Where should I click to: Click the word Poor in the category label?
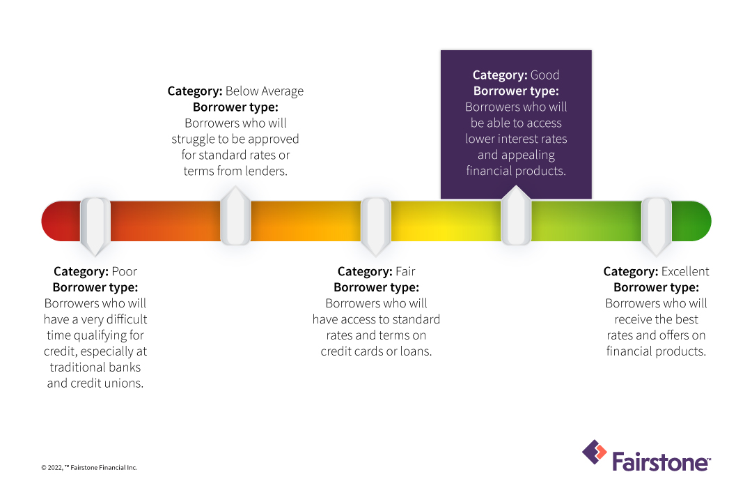(125, 271)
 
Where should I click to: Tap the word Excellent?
(685, 271)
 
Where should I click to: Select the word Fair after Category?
(405, 271)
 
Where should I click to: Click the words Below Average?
(265, 91)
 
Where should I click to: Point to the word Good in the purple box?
(545, 75)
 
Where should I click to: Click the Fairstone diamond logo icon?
(594, 452)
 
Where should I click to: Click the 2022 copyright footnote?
(89, 467)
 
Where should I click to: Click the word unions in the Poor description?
(123, 383)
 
